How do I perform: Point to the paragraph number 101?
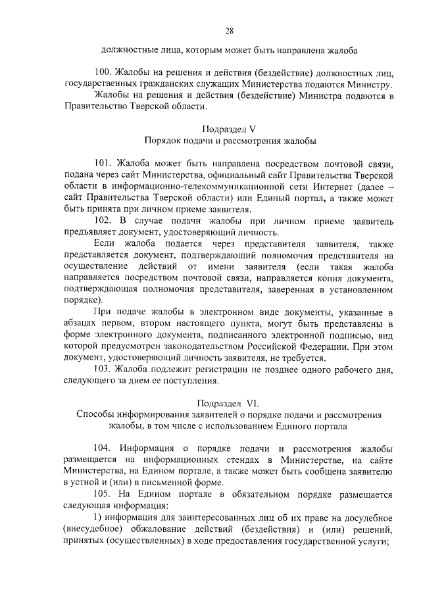pos(105,164)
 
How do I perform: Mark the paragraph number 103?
pos(105,369)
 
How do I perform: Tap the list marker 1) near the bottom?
pos(100,517)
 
